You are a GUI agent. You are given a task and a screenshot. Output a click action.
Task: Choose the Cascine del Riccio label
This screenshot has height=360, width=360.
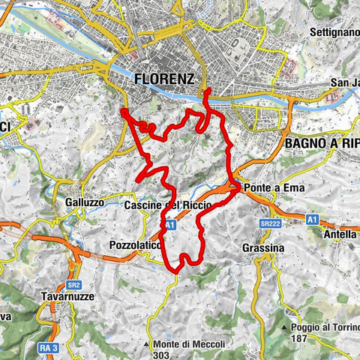click(166, 205)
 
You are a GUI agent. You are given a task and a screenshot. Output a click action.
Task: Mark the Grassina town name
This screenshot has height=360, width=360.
click(263, 247)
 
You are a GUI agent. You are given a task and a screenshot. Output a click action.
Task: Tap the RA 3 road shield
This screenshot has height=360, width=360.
click(46, 347)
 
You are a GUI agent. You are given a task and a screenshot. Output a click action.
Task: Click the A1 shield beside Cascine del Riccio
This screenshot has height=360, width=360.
click(170, 223)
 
